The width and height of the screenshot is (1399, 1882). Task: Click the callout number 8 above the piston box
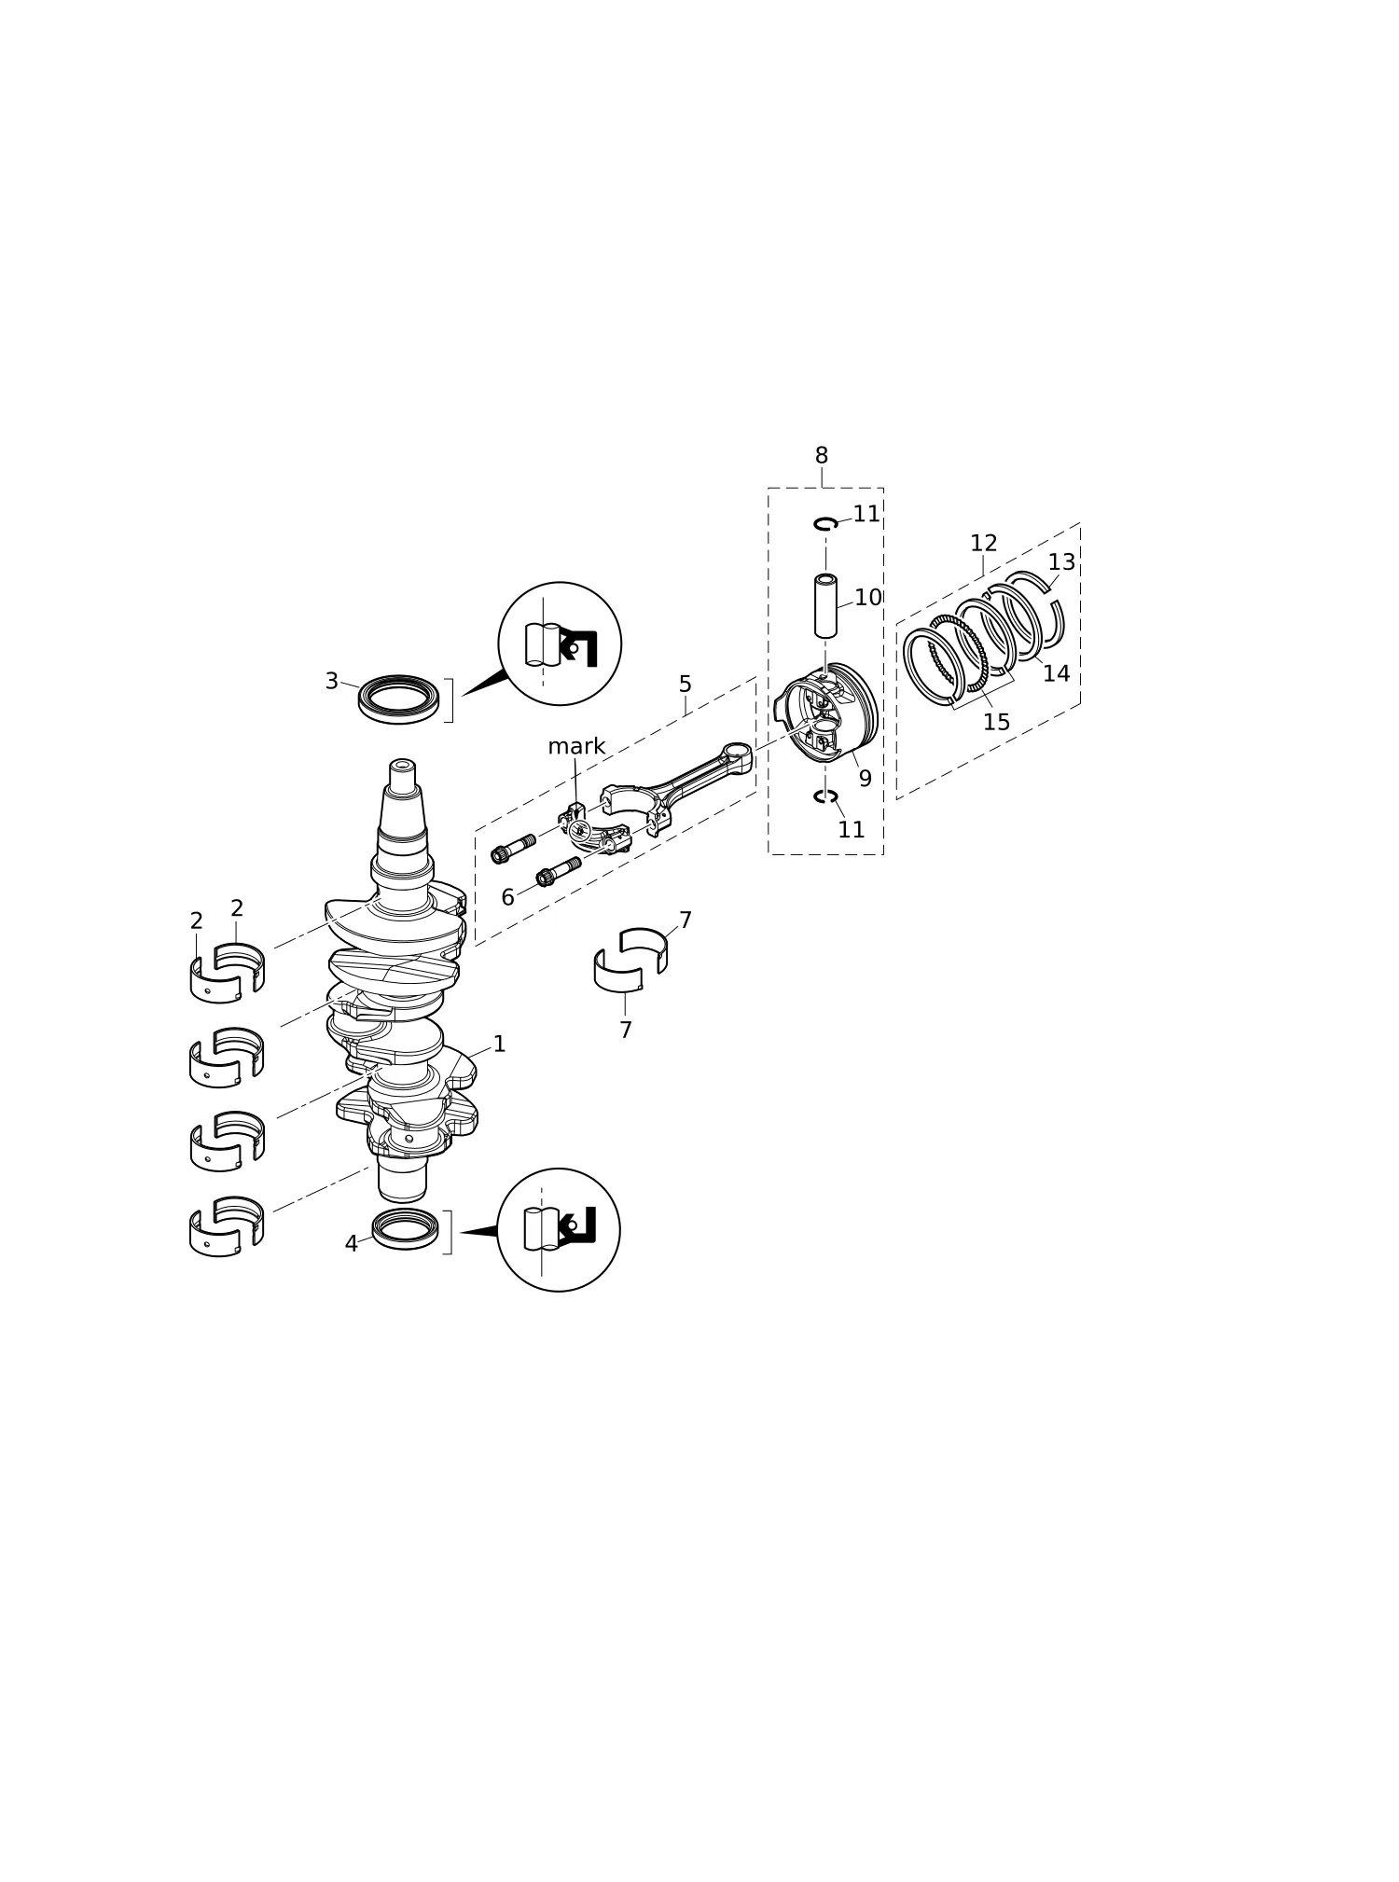pyautogui.click(x=821, y=456)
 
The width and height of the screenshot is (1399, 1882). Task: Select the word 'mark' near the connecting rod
pyautogui.click(x=576, y=746)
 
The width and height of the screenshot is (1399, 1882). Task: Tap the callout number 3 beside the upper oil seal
pyautogui.click(x=331, y=682)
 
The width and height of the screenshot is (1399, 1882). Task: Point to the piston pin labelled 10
pyautogui.click(x=825, y=606)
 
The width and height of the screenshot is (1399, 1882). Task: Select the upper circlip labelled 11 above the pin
pyautogui.click(x=825, y=523)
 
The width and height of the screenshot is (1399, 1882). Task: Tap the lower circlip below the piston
pyautogui.click(x=825, y=796)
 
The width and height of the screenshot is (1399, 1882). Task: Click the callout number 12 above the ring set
pyautogui.click(x=983, y=544)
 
